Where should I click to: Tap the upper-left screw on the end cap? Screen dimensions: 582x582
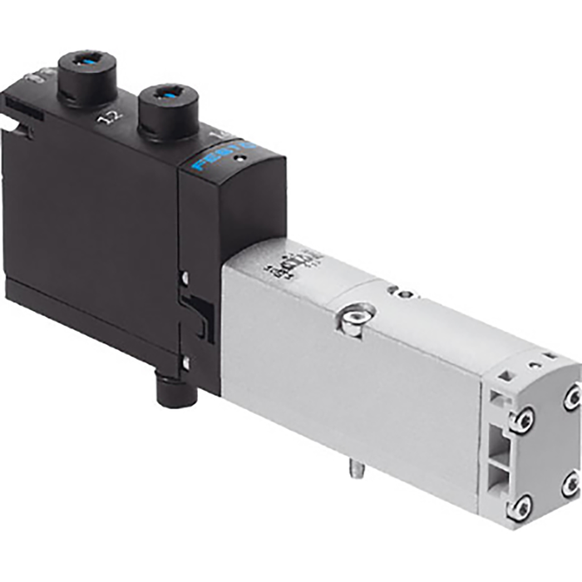tap(520, 422)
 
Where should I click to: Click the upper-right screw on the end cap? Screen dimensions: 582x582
tap(572, 397)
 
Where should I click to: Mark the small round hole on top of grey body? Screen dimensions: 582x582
tap(404, 293)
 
